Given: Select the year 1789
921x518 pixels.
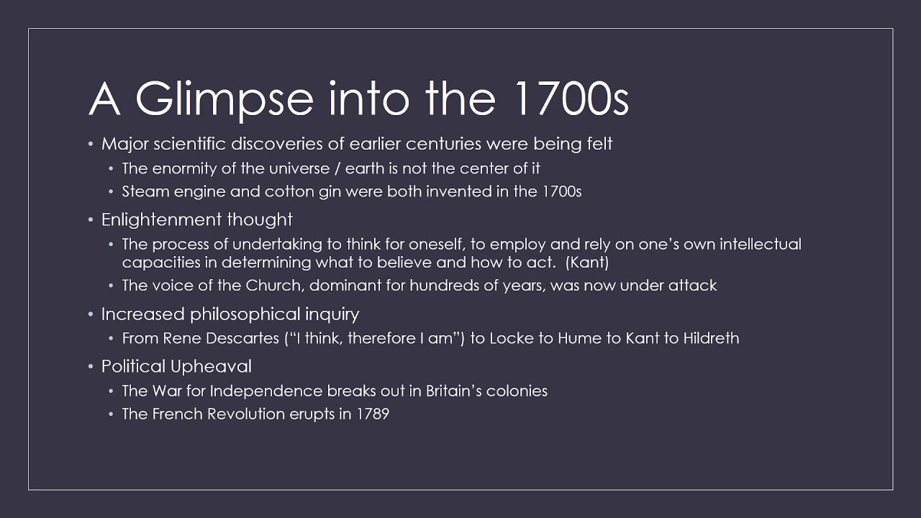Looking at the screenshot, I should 373,414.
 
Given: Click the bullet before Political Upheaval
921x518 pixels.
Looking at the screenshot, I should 91,367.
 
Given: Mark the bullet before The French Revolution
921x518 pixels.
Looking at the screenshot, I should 112,414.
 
